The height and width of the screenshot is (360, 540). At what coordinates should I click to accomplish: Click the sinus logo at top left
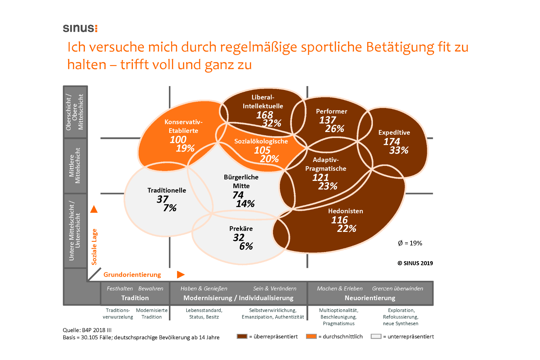click(80, 28)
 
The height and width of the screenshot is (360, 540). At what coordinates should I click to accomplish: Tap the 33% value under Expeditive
click(399, 150)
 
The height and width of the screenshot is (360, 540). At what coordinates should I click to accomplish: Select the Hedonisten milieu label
click(345, 211)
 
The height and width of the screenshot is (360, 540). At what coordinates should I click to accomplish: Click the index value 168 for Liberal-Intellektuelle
click(264, 115)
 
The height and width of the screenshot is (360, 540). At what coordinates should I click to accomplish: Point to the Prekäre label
click(241, 229)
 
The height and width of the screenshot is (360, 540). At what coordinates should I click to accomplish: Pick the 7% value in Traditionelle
click(170, 208)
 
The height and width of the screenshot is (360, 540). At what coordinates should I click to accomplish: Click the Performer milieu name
click(331, 111)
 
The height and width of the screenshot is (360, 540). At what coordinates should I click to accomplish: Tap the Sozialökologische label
click(261, 141)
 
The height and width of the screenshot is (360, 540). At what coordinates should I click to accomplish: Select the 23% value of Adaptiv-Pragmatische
click(328, 186)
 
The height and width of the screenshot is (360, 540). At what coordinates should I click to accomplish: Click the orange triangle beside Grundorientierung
click(181, 274)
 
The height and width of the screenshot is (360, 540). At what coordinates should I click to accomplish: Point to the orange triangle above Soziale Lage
click(94, 209)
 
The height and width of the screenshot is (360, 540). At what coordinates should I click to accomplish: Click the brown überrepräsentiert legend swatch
click(242, 336)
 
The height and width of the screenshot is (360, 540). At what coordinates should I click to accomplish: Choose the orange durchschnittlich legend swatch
click(311, 336)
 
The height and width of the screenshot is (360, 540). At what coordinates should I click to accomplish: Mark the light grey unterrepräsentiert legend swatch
click(376, 336)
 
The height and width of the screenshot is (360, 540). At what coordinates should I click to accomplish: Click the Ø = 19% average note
click(410, 243)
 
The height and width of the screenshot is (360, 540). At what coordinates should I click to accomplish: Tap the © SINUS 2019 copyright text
click(415, 263)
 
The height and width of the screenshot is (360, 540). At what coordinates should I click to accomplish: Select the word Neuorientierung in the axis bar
click(370, 298)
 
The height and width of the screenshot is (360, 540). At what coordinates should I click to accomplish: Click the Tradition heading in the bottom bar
click(135, 298)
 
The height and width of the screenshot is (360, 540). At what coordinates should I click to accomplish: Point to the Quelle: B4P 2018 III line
click(87, 330)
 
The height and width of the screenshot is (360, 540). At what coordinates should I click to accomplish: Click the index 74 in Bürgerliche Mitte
click(238, 195)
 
